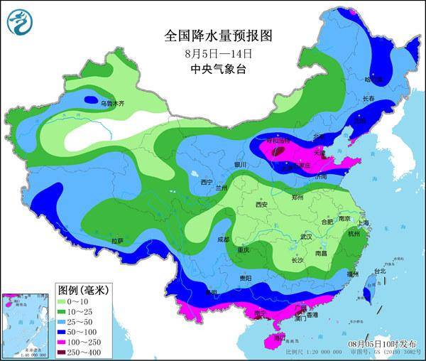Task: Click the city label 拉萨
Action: coord(117,241)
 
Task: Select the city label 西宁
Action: coord(207,182)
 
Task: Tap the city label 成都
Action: coord(224,239)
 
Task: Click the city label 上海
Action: coord(364,222)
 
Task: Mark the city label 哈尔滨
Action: coord(373,80)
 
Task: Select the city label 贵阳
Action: coord(245,278)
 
